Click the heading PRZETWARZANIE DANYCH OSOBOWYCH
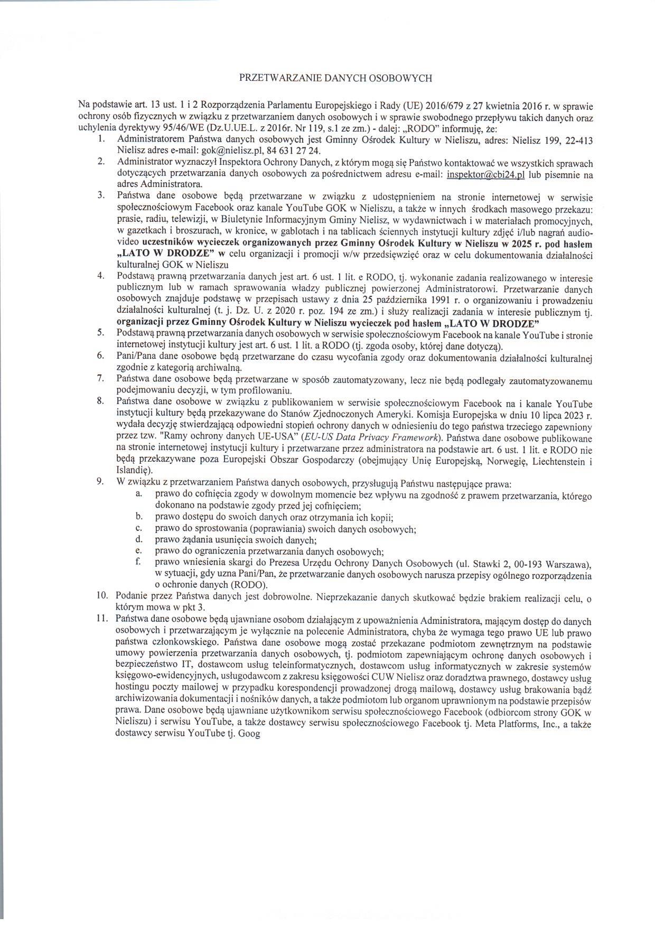coord(336,78)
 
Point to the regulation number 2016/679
coord(448,104)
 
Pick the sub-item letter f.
coord(138,563)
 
